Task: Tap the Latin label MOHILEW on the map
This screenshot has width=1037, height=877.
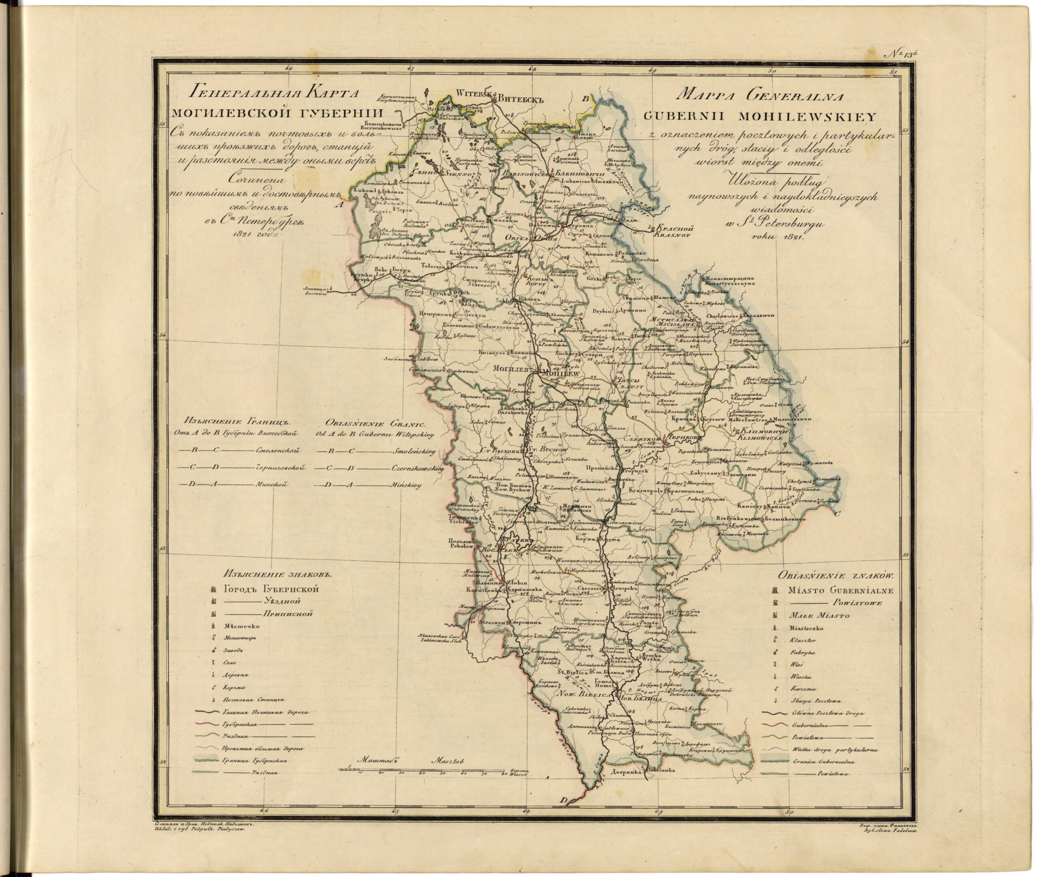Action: click(561, 373)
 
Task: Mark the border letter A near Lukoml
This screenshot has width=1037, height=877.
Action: click(340, 203)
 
